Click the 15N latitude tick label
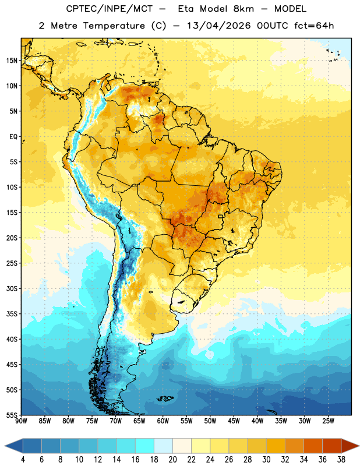pos(12,61)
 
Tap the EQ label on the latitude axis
pos(13,137)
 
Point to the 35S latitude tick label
pos(12,314)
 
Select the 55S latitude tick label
pos(12,415)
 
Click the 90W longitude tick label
pos(21,421)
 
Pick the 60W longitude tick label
pos(163,421)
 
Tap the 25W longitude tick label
pos(328,421)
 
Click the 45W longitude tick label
pos(234,421)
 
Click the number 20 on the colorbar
pos(172,460)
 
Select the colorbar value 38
pos(341,460)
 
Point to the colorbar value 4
pos(23,460)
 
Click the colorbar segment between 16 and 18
pos(145,446)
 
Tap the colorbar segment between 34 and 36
pos(313,446)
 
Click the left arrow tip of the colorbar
pos(5,446)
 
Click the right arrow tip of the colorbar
pos(359,446)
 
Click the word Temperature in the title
pos(114,26)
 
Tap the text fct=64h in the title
pos(314,26)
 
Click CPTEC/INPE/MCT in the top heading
pos(109,9)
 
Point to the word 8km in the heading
pos(243,9)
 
